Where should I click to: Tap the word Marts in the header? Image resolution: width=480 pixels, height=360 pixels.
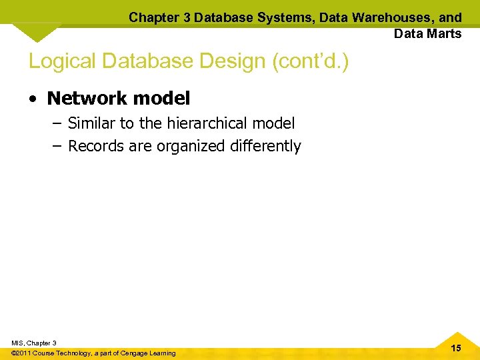tap(444, 33)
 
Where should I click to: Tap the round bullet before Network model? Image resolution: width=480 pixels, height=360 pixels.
tap(33, 99)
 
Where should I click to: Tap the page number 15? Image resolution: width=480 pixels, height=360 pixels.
tap(455, 348)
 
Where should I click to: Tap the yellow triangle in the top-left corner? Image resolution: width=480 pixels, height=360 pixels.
tap(36, 31)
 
